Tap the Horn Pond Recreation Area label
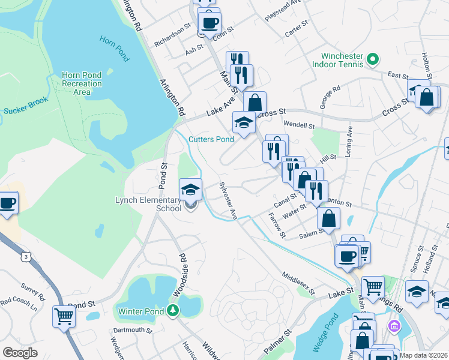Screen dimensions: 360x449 click(82, 83)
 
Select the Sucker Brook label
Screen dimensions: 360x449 click(25, 110)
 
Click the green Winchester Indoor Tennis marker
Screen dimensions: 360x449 click(372, 59)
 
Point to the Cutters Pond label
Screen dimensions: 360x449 click(211, 139)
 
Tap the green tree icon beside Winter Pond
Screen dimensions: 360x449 click(173, 310)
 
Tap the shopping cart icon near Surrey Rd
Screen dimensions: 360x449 click(64, 316)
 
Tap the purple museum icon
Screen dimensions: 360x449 click(394, 327)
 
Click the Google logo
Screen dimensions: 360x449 click(20, 353)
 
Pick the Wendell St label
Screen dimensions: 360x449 click(299, 126)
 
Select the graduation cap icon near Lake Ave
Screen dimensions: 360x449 click(244, 122)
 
